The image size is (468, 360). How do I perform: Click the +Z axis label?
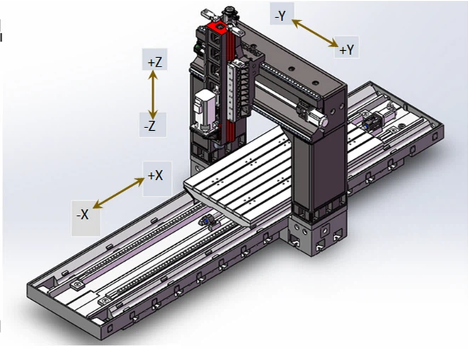coord(155,62)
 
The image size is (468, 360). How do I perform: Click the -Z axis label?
coord(150,126)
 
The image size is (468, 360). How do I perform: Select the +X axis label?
coord(156,175)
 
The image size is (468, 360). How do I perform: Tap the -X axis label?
coord(83,214)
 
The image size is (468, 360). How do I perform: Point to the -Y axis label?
coord(280,16)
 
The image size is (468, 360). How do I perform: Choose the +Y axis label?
coord(346,50)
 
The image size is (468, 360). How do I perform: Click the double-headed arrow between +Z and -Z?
coord(153,94)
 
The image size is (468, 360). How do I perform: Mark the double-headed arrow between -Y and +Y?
coord(314,33)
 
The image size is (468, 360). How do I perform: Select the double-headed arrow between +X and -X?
coord(118,192)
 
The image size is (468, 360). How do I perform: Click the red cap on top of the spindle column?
coord(217,28)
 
